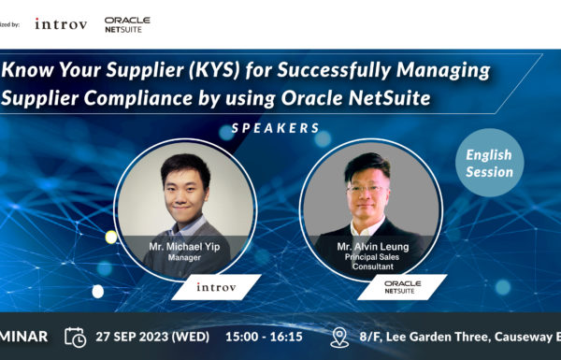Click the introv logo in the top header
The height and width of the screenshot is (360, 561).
coord(60,23)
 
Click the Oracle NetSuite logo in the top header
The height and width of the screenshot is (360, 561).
coord(127,23)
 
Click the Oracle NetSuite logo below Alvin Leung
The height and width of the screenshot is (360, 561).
coord(402,287)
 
